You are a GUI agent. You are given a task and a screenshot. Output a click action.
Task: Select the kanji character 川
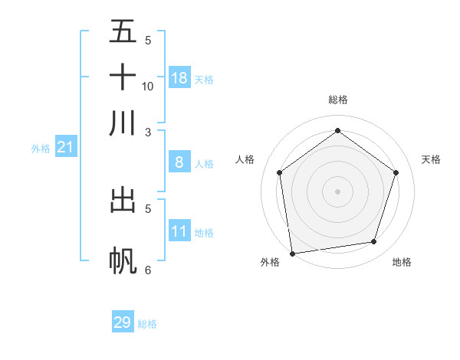pyautogui.click(x=123, y=123)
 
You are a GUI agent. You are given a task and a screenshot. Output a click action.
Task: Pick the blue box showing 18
pyautogui.click(x=179, y=78)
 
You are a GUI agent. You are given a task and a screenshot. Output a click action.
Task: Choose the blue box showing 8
pyautogui.click(x=179, y=162)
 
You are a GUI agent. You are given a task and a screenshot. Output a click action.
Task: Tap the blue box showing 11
pyautogui.click(x=179, y=231)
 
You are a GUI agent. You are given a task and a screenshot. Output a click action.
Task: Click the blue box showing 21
pyautogui.click(x=65, y=147)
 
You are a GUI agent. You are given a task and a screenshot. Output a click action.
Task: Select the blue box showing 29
pyautogui.click(x=123, y=322)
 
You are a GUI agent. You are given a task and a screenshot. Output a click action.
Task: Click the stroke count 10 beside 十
pyautogui.click(x=148, y=86)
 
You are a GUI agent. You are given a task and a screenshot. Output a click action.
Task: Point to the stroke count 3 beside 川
pyautogui.click(x=148, y=132)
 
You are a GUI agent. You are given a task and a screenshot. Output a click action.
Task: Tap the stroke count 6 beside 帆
pyautogui.click(x=148, y=270)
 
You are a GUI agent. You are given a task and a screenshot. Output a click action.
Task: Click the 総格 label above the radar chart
pyautogui.click(x=337, y=100)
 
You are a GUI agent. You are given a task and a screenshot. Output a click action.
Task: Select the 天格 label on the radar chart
pyautogui.click(x=431, y=159)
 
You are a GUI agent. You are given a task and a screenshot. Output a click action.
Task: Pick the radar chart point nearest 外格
pyautogui.click(x=292, y=253)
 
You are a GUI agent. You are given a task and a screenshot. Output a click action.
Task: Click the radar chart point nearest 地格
pyautogui.click(x=374, y=242)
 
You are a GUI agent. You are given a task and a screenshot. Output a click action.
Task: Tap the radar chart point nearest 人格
pyautogui.click(x=279, y=172)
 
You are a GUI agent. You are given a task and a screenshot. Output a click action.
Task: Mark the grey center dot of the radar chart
pyautogui.click(x=337, y=191)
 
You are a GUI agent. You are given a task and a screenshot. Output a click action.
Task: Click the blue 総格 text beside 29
pyautogui.click(x=147, y=324)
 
